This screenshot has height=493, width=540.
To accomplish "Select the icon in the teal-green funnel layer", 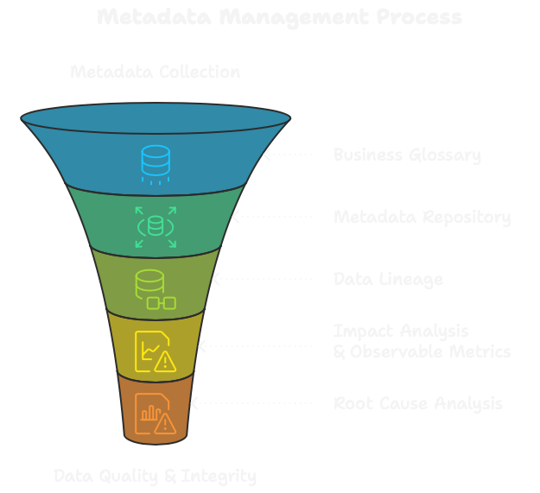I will pyautogui.click(x=156, y=227).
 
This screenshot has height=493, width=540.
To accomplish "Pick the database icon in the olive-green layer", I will pyautogui.click(x=155, y=289).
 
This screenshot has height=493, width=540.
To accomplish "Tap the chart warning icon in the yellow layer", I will pyautogui.click(x=155, y=351).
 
